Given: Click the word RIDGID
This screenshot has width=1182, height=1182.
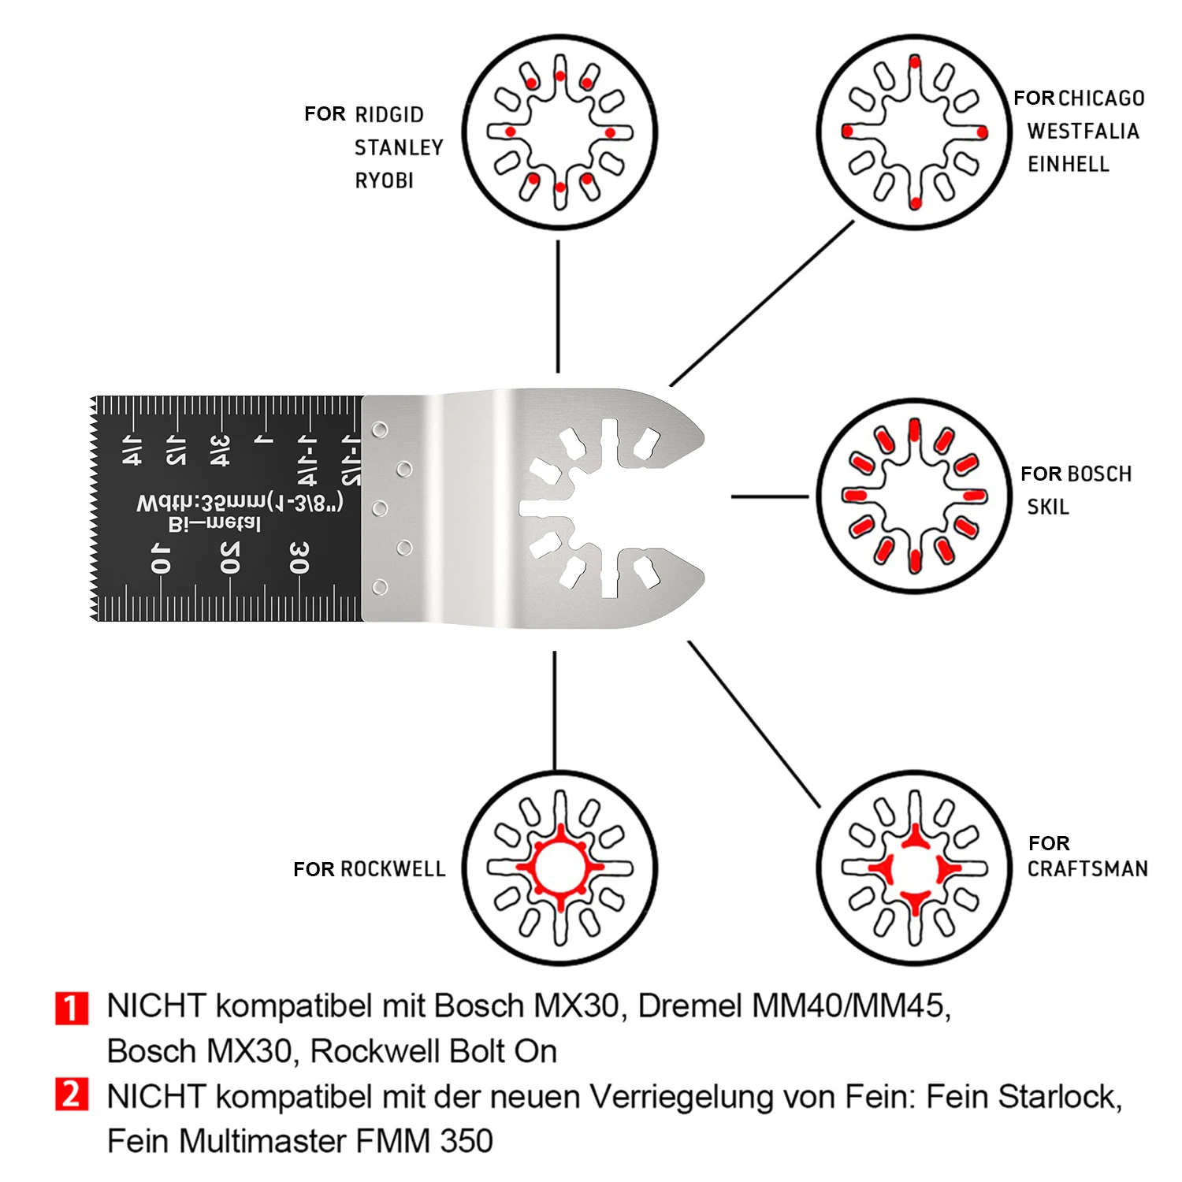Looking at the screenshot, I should click(389, 115).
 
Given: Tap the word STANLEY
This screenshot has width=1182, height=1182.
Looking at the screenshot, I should click(399, 148).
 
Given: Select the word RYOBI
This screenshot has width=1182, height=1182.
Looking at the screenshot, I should click(385, 181).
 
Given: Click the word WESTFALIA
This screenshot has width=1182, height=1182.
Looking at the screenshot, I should click(1083, 132).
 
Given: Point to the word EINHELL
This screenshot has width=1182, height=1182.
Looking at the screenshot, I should click(1069, 165).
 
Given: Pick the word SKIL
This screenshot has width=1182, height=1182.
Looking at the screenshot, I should click(1048, 507).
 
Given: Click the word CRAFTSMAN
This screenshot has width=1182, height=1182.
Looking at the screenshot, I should click(1087, 869).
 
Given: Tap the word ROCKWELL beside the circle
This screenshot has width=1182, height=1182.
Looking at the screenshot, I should click(393, 869).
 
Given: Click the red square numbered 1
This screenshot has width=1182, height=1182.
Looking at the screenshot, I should click(72, 1008).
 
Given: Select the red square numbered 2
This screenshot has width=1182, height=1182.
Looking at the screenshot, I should click(72, 1095).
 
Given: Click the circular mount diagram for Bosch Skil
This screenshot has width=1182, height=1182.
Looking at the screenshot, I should click(914, 496).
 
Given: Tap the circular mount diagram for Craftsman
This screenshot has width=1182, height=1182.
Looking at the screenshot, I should click(914, 868).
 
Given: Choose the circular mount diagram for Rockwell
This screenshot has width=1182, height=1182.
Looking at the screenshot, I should click(559, 868).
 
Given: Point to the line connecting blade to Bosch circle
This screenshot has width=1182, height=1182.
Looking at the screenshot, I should click(769, 496).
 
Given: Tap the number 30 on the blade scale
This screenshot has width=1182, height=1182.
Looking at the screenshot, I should click(299, 557).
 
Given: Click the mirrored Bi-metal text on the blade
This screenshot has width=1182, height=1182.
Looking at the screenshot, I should click(214, 523).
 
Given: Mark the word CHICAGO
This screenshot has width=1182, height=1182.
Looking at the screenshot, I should click(1102, 98).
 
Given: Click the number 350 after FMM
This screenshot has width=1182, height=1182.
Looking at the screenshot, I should click(466, 1141).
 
